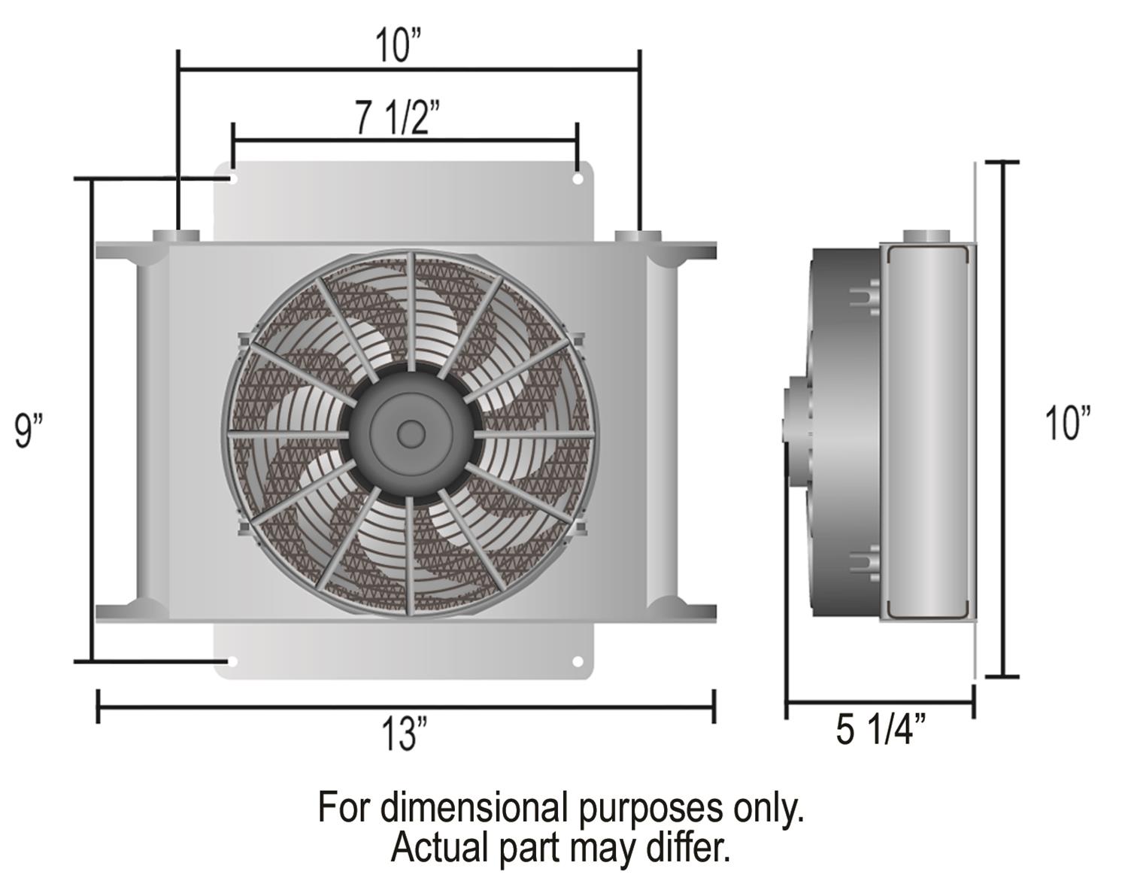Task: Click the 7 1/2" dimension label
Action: (398, 117)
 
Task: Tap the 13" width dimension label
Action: (405, 734)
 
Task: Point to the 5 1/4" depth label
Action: (881, 730)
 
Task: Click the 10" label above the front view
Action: (398, 46)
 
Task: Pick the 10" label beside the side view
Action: (1067, 423)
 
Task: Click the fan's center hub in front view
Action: (411, 434)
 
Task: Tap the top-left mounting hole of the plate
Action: (232, 180)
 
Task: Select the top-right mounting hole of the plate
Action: (578, 180)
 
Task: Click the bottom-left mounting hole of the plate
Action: (232, 661)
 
